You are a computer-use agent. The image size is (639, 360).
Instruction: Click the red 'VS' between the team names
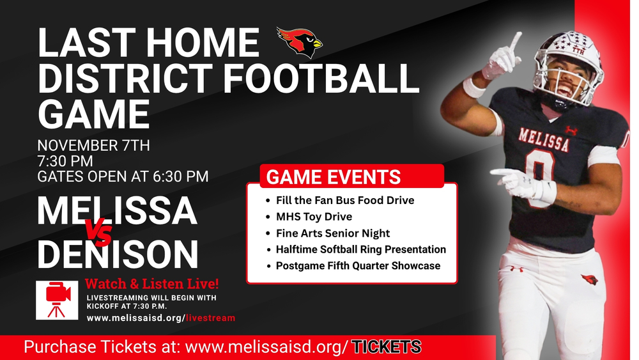[x=99, y=232]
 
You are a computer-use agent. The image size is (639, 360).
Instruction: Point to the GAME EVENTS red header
[x=334, y=176]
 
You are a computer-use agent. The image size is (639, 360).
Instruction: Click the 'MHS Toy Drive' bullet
[x=314, y=216]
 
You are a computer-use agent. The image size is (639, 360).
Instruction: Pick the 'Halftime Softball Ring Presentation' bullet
[x=360, y=249]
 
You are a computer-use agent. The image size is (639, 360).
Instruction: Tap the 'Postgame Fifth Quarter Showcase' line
[x=358, y=265]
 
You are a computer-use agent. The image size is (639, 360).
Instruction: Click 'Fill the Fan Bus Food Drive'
[x=344, y=200]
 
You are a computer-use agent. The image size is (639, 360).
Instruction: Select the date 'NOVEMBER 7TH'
[x=93, y=145]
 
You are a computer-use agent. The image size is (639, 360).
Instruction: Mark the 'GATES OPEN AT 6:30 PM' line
[x=123, y=176]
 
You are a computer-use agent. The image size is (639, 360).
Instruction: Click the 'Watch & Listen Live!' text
[x=156, y=283]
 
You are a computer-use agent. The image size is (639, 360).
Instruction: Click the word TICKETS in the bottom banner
[x=387, y=347]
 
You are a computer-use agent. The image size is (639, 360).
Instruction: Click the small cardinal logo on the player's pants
[x=589, y=279]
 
